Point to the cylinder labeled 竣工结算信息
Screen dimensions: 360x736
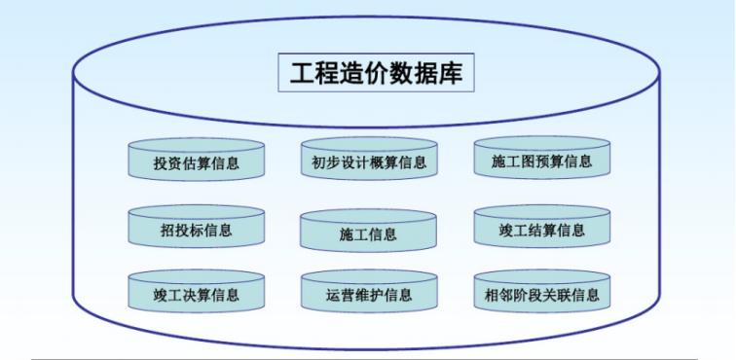click(x=541, y=231)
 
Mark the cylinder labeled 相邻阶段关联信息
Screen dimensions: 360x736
click(x=541, y=293)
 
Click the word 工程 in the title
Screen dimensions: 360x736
click(x=313, y=73)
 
